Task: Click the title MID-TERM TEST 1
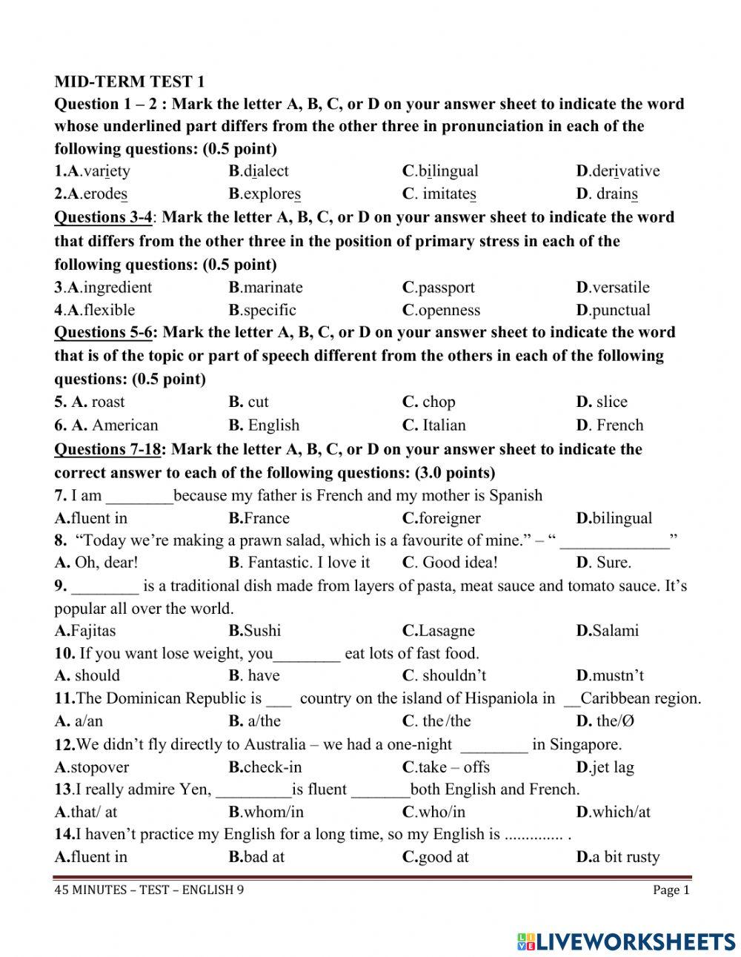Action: click(129, 82)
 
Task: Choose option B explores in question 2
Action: click(265, 194)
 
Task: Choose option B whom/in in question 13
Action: click(266, 812)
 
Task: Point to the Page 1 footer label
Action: click(671, 890)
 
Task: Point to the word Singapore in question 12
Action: click(585, 744)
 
